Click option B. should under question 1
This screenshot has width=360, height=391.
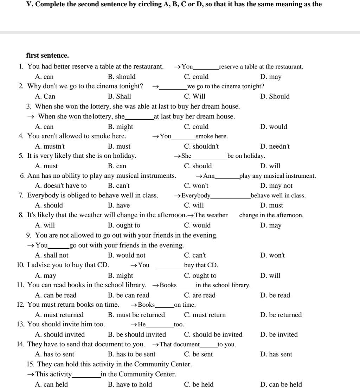(121, 77)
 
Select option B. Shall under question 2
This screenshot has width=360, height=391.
(119, 96)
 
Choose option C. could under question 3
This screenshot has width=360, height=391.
(196, 126)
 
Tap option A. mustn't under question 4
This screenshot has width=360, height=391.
(50, 146)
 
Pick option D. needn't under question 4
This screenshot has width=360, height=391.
(275, 146)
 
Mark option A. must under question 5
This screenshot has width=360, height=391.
(46, 166)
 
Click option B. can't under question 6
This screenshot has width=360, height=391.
(118, 185)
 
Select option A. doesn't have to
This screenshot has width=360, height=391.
(60, 185)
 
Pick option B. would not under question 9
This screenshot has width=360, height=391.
(126, 255)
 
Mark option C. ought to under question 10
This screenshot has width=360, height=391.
(200, 275)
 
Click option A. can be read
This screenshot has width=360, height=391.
(56, 295)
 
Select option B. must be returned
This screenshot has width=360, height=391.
(136, 315)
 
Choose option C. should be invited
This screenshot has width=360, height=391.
(213, 334)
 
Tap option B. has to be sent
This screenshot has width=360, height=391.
(131, 354)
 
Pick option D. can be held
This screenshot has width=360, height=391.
(281, 384)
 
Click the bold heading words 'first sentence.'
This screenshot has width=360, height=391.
(47, 55)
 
